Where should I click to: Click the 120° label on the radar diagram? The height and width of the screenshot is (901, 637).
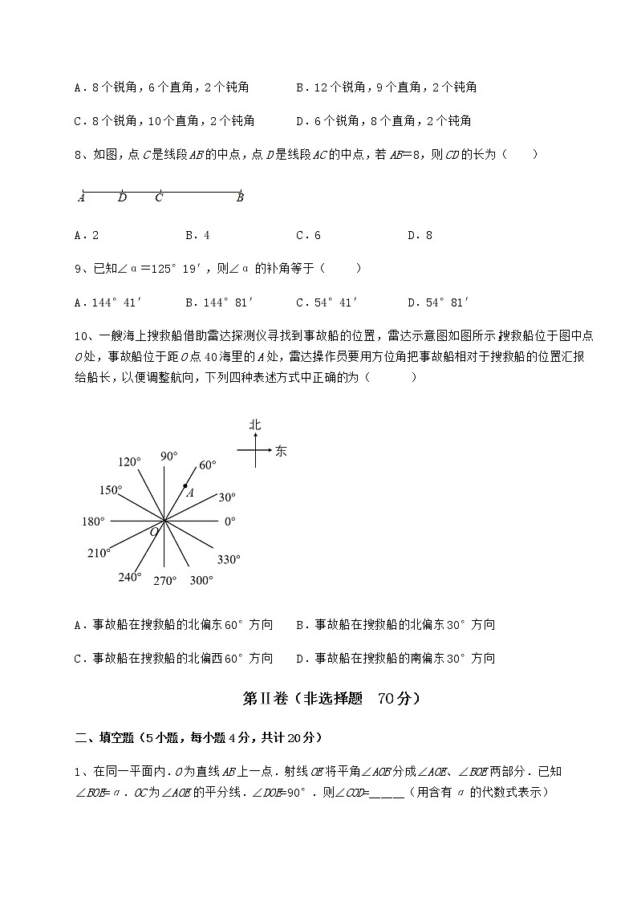pos(129,462)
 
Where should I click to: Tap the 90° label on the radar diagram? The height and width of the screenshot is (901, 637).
pos(168,457)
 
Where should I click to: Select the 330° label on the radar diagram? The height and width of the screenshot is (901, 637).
pos(229,560)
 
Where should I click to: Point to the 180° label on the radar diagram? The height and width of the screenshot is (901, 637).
pos(93,522)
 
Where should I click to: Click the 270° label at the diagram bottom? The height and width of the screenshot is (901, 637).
pos(164,582)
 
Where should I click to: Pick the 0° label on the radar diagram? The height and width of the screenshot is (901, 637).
pos(229,522)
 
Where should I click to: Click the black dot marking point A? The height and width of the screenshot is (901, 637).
pos(185,486)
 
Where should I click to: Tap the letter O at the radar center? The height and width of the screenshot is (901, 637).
pos(154,532)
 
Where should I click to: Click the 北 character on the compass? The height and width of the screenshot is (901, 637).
pos(255,424)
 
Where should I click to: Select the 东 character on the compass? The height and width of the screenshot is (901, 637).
pos(281,451)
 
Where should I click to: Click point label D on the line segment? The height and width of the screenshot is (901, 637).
pos(122,198)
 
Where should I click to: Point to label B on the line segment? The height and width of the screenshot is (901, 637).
pos(240,198)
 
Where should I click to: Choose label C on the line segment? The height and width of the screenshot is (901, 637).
pos(159,198)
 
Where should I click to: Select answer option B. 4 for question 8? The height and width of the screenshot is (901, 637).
pos(197,235)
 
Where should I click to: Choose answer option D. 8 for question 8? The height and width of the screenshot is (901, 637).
pos(420,235)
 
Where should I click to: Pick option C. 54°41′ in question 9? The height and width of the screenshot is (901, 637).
pos(327,302)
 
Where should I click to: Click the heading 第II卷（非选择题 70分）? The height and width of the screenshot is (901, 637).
pos(331,699)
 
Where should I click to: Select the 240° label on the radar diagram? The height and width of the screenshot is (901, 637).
pos(129,577)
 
